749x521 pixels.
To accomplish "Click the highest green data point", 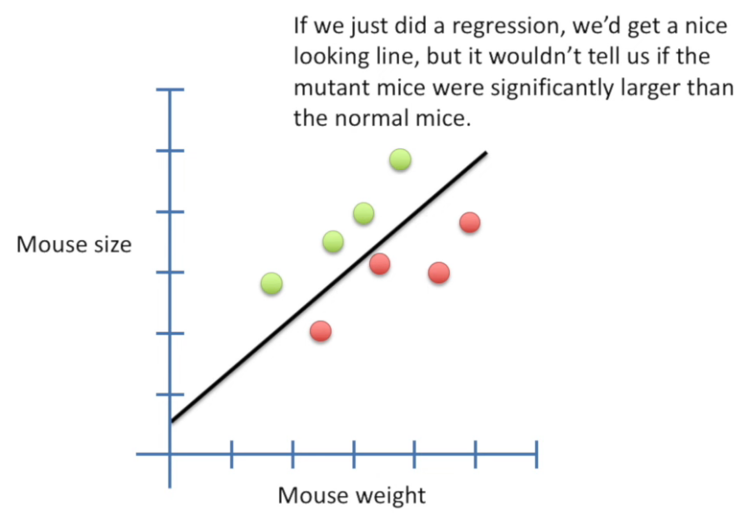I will point(401,159).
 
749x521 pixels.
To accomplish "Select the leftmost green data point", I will point(271,283).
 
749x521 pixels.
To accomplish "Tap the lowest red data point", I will point(321,331).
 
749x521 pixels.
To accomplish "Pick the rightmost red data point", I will point(470,222).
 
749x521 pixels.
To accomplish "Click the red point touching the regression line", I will point(380,263).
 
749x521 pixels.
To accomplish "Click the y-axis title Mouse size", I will point(74,245).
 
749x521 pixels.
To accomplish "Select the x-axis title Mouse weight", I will point(352,496).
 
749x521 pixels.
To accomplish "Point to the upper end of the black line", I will point(485,153).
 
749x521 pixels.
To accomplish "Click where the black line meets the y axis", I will point(171,421).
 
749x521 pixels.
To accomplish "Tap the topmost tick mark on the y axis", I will point(170,90).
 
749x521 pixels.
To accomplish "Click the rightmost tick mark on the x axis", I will point(536,453).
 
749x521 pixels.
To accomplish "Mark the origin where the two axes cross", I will point(170,453).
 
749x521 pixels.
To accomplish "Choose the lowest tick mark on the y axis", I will point(170,393).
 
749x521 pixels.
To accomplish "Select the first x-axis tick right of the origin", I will point(231,453).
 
